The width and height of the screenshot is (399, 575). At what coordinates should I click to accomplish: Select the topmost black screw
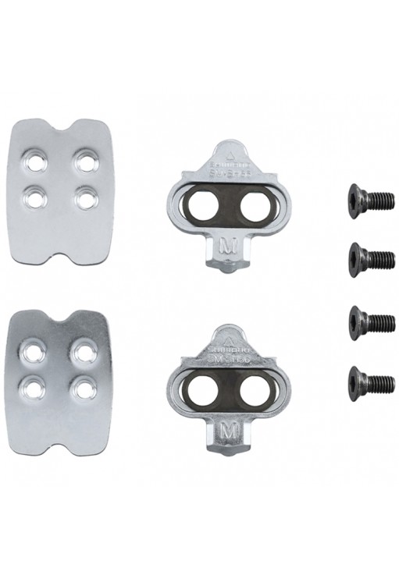364,197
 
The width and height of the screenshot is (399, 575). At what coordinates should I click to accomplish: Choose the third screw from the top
364,320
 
